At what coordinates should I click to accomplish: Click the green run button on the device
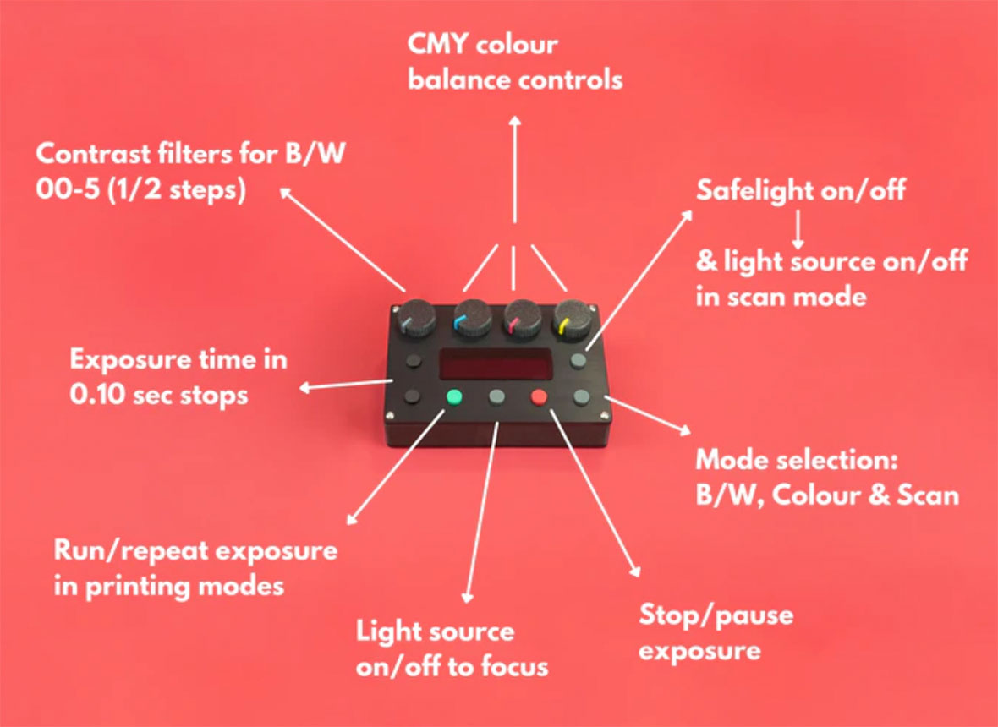[454, 396]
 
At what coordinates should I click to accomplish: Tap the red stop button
[539, 396]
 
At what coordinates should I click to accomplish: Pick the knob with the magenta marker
[519, 319]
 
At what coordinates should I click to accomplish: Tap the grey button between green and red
[496, 396]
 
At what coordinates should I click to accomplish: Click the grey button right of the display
[579, 361]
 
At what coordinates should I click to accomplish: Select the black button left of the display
[414, 362]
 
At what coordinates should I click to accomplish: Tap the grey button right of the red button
[582, 396]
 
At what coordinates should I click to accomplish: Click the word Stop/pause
[716, 614]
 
